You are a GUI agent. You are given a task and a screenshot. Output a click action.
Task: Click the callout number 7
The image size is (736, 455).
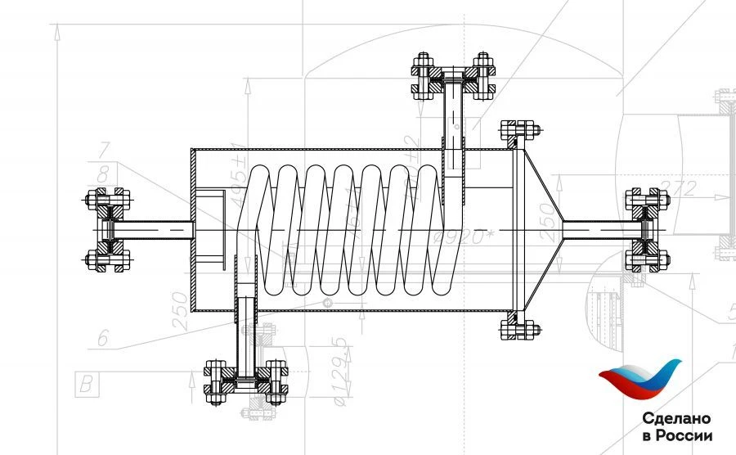pos(103,150)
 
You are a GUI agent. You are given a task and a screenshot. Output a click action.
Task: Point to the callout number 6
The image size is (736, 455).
pos(103,338)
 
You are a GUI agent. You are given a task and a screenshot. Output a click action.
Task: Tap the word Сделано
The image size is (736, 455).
pos(677,417)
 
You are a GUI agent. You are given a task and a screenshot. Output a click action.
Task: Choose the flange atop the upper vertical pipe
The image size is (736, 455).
pos(453,78)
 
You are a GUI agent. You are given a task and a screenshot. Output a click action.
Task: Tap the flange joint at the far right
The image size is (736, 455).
pos(646,230)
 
